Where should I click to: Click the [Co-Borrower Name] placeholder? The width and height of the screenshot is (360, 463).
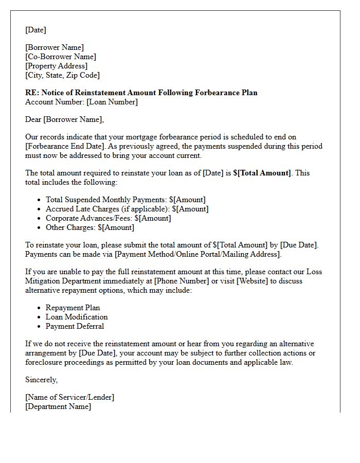click(x=61, y=57)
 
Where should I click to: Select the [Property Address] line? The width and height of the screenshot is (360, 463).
click(x=57, y=66)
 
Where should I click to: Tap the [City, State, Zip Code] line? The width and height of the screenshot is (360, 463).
click(x=62, y=75)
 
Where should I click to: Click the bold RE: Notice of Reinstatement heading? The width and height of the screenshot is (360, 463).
click(x=141, y=93)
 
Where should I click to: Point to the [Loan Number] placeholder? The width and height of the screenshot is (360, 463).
click(x=112, y=102)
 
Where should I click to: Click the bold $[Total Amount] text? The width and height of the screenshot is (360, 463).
click(x=262, y=173)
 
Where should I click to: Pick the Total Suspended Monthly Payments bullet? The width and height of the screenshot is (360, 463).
click(x=125, y=200)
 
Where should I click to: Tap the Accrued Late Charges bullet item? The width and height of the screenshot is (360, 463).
click(x=127, y=209)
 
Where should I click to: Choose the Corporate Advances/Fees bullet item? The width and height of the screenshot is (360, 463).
click(x=108, y=218)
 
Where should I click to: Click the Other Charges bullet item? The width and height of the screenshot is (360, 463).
click(x=90, y=227)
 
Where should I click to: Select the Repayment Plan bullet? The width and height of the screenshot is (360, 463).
click(x=73, y=308)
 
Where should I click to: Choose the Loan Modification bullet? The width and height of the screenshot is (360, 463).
click(x=77, y=317)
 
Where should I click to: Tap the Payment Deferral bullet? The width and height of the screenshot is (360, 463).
click(x=75, y=326)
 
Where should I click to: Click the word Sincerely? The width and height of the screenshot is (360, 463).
click(x=42, y=380)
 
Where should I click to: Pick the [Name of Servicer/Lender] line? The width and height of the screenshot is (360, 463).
click(x=70, y=397)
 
